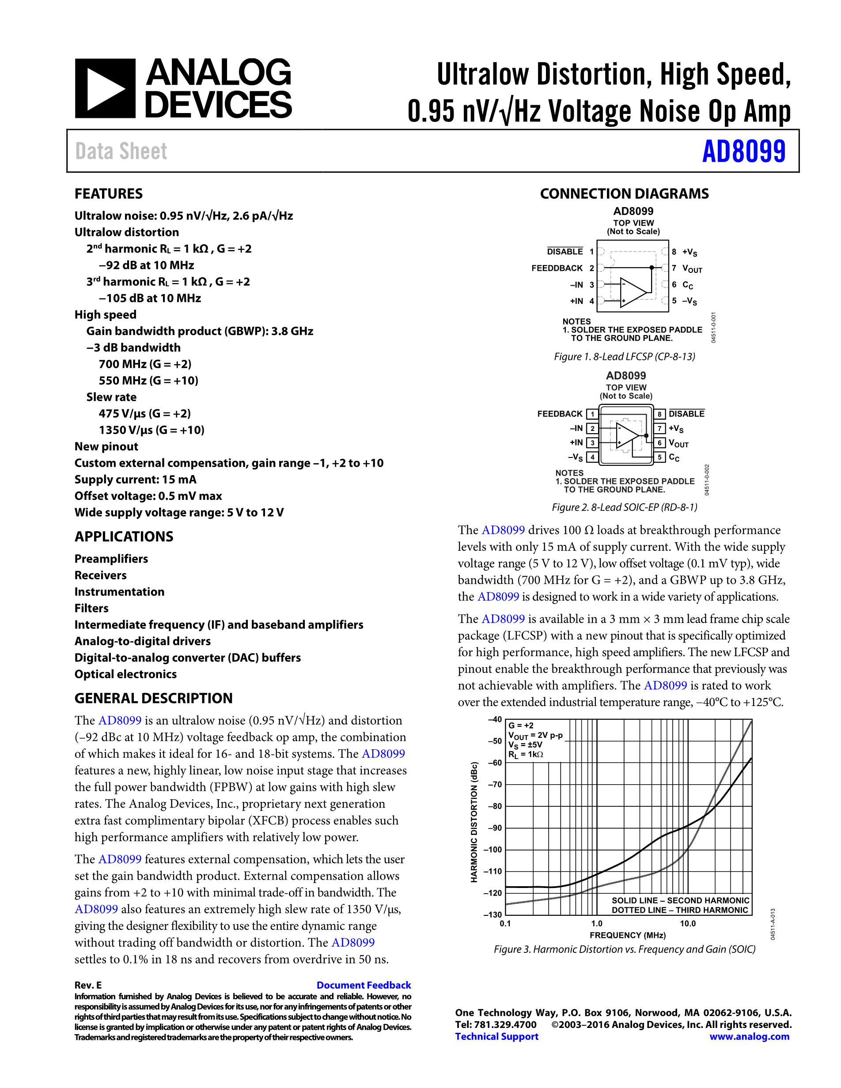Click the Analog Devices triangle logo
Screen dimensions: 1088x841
point(105,88)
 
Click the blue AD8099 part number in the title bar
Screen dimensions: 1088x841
point(743,151)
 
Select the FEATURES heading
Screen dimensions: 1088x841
point(109,194)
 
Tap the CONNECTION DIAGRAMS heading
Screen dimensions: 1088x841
point(624,194)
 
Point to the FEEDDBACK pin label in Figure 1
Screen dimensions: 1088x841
point(557,268)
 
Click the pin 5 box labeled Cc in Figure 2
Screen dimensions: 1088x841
point(659,457)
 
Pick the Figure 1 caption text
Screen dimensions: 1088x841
point(624,357)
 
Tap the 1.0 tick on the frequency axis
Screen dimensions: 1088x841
point(596,923)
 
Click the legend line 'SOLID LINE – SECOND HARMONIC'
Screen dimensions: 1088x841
point(680,900)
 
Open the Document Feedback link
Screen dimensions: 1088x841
point(364,985)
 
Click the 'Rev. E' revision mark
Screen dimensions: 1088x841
point(88,985)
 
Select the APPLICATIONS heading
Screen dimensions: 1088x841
point(124,536)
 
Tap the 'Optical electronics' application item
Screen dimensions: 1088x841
point(125,674)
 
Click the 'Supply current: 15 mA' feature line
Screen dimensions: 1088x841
point(136,479)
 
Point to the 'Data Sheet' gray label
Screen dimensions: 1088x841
point(121,151)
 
